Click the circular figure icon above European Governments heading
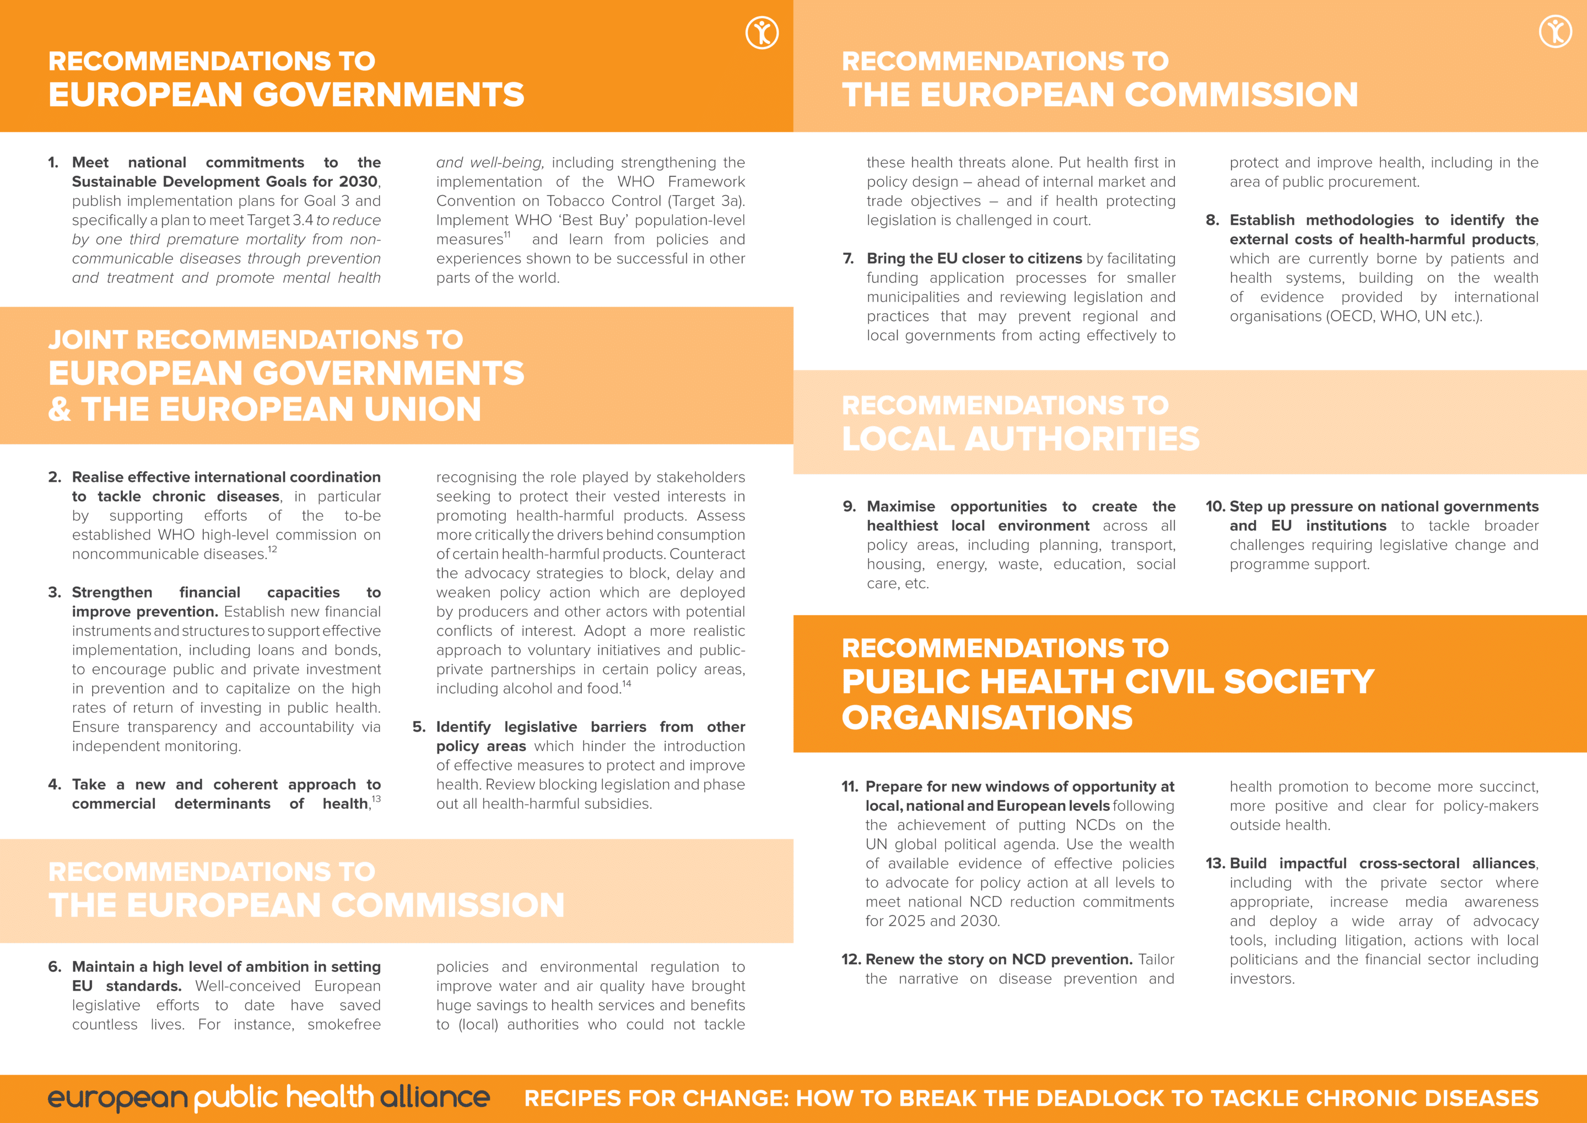(762, 33)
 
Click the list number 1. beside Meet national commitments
(53, 163)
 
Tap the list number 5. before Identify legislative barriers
(418, 727)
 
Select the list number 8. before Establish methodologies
(1212, 220)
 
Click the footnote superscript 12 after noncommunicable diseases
(272, 550)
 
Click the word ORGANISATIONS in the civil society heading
(987, 717)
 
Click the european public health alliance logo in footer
(268, 1098)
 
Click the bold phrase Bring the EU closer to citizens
(974, 259)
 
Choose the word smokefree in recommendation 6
(343, 1024)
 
